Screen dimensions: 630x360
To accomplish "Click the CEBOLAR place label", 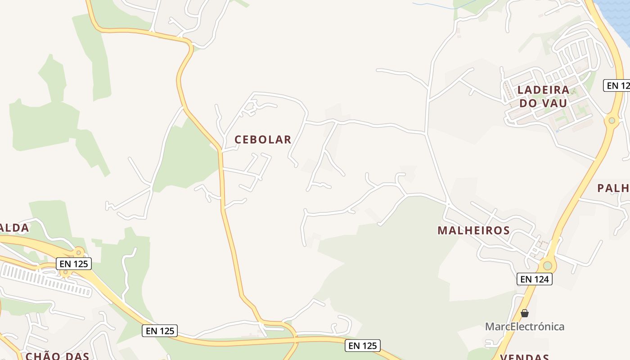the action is [263, 139].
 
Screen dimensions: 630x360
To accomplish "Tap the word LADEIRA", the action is [543, 90].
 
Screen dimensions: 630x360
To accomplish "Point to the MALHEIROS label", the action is [473, 231].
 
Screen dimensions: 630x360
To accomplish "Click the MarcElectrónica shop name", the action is [524, 326].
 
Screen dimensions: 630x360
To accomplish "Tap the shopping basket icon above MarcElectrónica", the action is [525, 313].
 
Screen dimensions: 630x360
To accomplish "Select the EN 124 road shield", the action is [534, 279].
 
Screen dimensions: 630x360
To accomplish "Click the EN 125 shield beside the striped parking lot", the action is [74, 264].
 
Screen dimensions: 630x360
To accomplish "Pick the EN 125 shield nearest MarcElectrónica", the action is [363, 346].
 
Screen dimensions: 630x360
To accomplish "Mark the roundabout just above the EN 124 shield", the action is [547, 265].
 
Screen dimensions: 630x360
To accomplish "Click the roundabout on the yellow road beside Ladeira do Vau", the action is [612, 120].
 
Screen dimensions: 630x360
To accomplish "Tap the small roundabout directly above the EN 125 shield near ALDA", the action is [79, 252].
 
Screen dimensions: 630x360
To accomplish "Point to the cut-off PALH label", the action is [613, 188].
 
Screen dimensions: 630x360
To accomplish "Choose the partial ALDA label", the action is [14, 228].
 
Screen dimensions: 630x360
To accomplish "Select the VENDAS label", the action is [524, 357].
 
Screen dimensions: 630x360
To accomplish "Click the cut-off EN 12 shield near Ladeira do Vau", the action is [616, 85].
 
